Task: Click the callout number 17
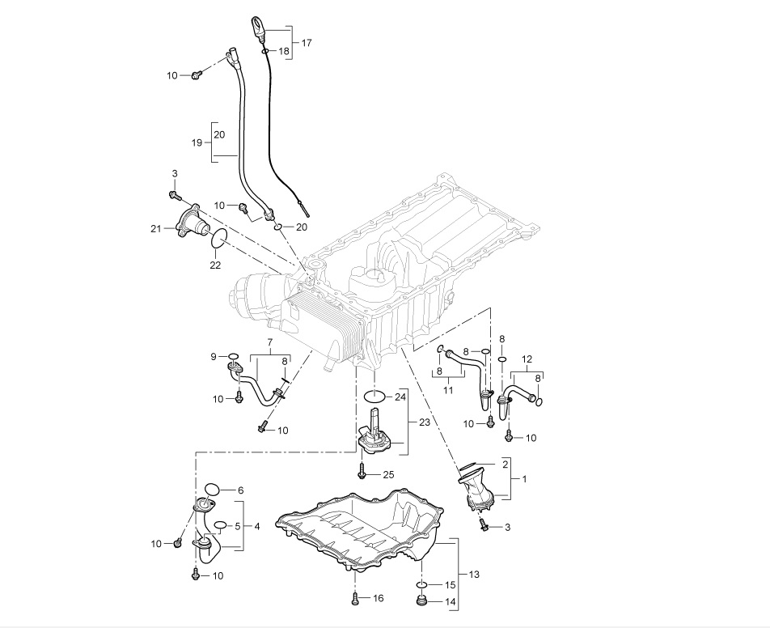[x=307, y=43]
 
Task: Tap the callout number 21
[x=155, y=228]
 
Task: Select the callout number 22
[x=215, y=265]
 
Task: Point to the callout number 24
[x=400, y=396]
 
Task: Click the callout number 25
[x=388, y=475]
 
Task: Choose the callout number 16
[x=378, y=598]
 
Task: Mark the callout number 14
[x=450, y=601]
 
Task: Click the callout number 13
[x=474, y=575]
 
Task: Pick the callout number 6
[x=240, y=490]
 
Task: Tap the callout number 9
[x=214, y=356]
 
